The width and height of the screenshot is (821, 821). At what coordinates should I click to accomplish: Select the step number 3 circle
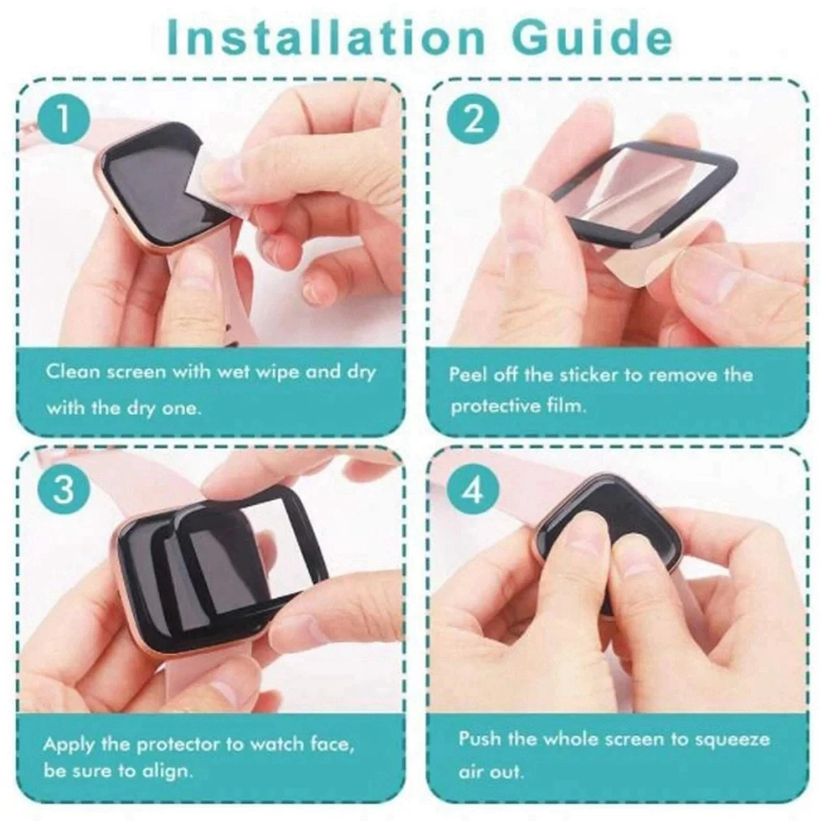[x=63, y=490]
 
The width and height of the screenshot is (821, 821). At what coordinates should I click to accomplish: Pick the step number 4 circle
[x=473, y=490]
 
